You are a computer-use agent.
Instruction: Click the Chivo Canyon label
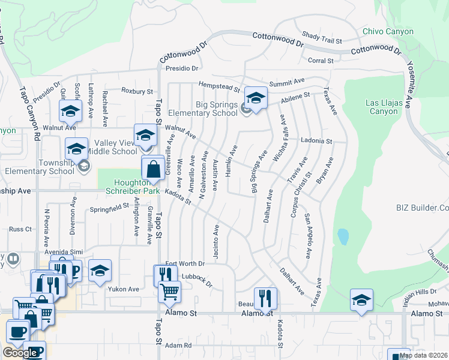(388, 32)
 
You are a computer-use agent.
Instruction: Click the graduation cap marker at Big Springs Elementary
(256, 98)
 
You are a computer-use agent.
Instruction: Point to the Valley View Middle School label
(112, 147)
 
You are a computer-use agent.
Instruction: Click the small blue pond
(343, 236)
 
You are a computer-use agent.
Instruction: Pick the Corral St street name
(320, 61)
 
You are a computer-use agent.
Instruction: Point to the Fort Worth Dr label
(185, 263)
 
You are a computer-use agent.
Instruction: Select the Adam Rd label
(178, 346)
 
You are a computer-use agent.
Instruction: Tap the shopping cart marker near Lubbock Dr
(170, 293)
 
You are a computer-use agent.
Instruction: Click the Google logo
(20, 353)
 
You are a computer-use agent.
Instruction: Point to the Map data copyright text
(423, 355)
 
